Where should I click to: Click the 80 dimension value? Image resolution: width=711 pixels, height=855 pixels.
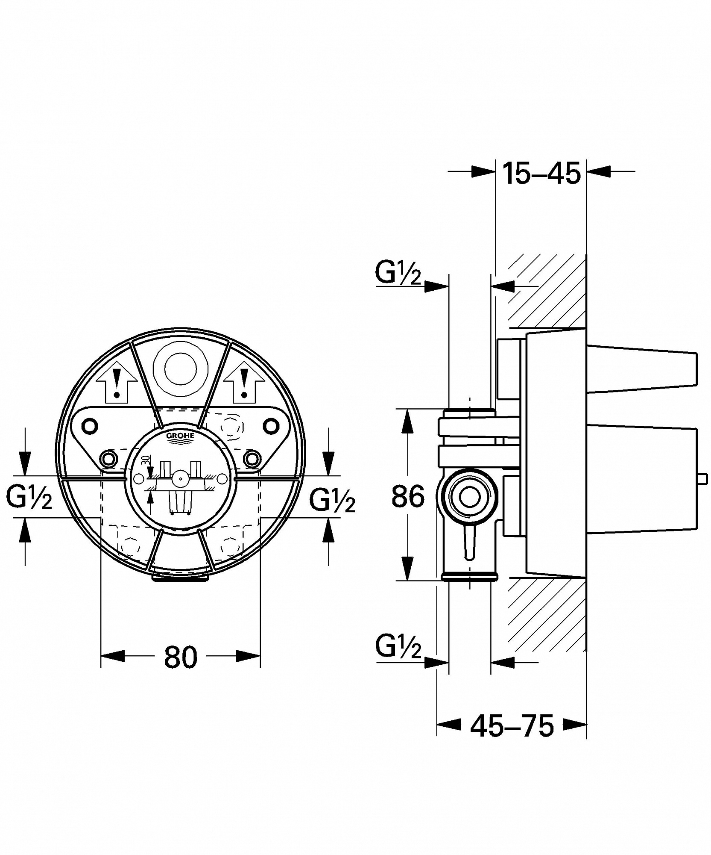point(181,657)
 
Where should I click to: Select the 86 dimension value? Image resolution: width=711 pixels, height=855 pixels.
point(408,496)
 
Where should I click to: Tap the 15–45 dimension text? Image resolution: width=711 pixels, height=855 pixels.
point(541,173)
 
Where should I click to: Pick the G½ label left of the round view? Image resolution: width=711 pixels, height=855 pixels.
point(29,497)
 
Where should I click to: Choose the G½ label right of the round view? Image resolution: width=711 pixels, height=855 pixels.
point(332,499)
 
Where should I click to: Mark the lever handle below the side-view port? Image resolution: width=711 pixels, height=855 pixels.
point(469,542)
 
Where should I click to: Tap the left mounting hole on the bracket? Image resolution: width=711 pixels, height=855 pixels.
point(90,426)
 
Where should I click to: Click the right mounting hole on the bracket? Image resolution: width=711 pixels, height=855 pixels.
point(270,426)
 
